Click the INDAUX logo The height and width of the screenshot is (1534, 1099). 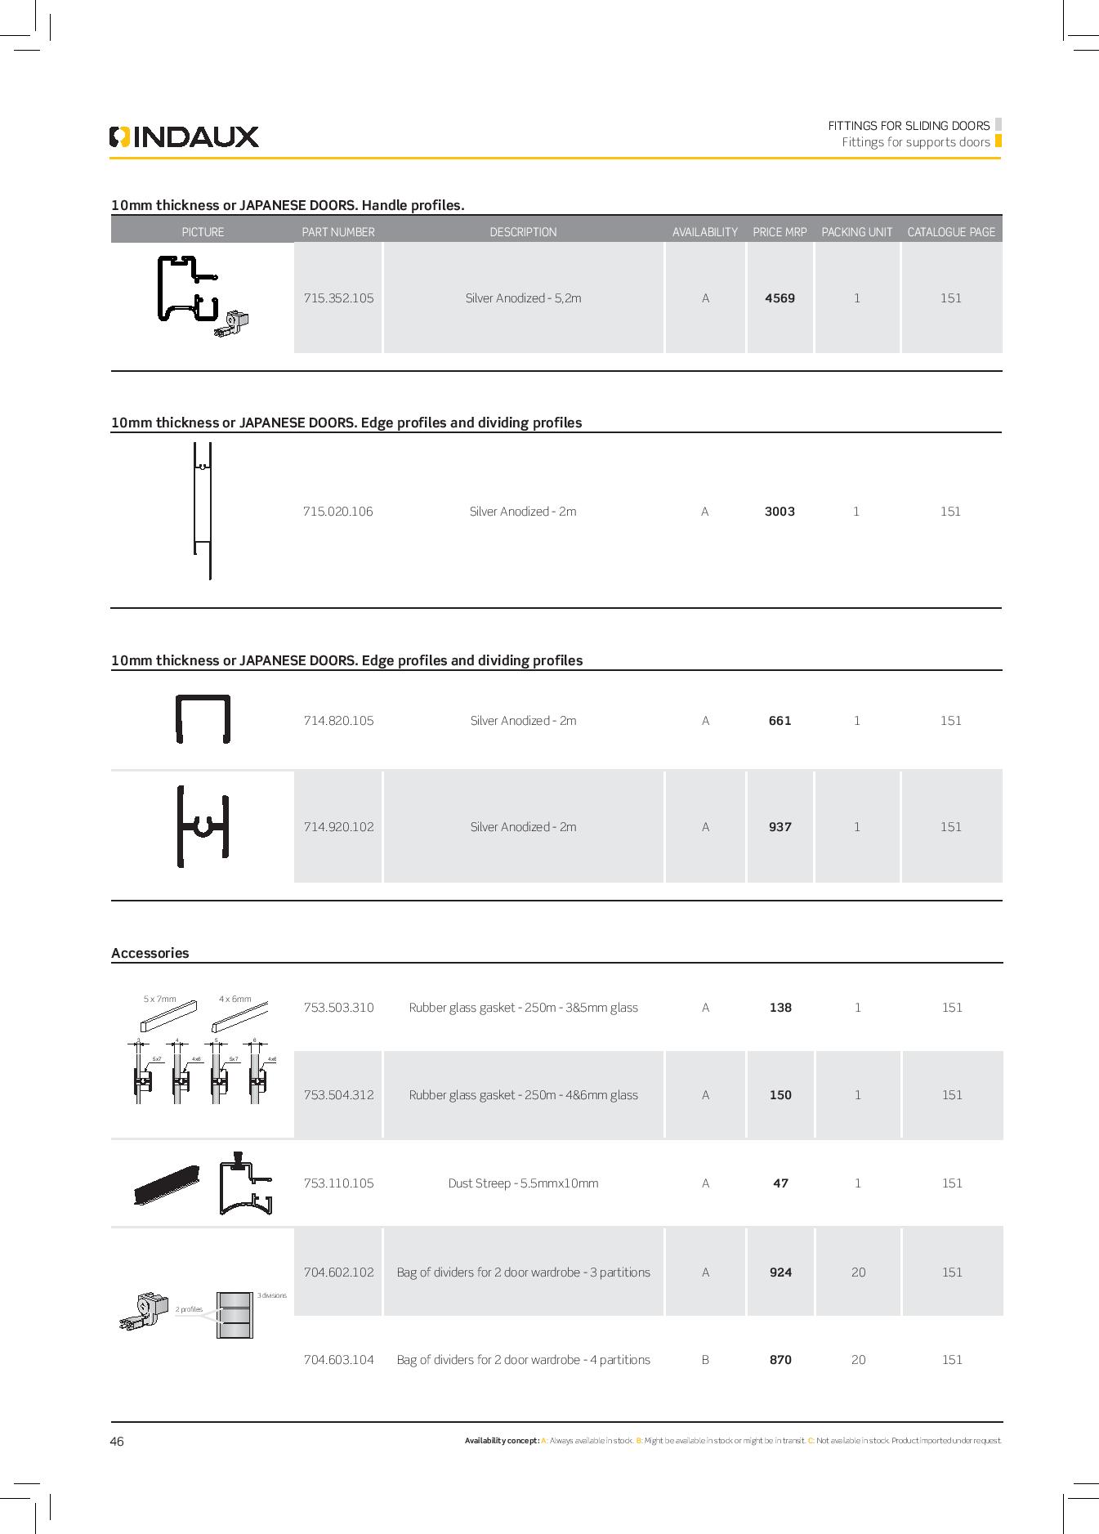(x=184, y=136)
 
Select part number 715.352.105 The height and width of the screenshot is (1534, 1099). (x=338, y=298)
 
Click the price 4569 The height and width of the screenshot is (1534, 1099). (x=780, y=298)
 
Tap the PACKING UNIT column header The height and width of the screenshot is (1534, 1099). (x=856, y=232)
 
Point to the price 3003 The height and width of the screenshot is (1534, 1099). (x=780, y=512)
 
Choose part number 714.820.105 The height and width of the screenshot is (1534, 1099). (x=338, y=721)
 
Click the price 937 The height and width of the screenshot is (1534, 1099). (x=780, y=827)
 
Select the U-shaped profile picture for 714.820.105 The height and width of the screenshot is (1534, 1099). (x=203, y=719)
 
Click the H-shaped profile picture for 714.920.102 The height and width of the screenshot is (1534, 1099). (x=203, y=826)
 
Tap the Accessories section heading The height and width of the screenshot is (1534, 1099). (x=150, y=953)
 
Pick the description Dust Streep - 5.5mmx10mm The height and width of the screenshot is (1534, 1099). (x=523, y=1183)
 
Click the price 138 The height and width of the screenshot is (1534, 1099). (x=780, y=1008)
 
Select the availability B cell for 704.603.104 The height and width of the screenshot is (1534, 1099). (x=705, y=1360)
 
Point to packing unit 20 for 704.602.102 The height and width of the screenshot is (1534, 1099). (x=858, y=1272)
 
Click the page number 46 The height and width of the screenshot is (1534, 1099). (x=117, y=1442)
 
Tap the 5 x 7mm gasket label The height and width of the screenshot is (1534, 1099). (x=159, y=999)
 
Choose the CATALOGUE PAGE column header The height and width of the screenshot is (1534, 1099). (x=951, y=232)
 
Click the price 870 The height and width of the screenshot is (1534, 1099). (x=780, y=1360)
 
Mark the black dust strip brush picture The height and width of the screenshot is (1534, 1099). (x=167, y=1184)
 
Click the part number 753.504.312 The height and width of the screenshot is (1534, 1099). (x=338, y=1095)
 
